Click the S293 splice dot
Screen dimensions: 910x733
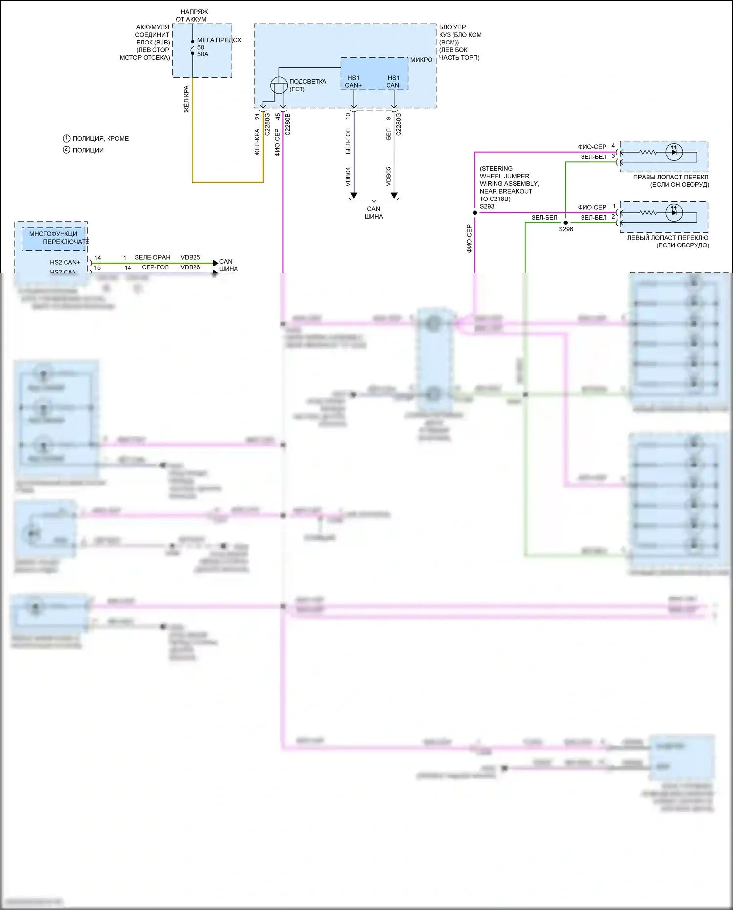click(475, 213)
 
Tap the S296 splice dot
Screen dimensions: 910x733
click(565, 223)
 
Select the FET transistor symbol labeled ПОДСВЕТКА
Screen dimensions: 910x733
click(279, 86)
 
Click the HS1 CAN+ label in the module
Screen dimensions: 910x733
click(353, 82)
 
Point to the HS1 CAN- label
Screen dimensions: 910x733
click(394, 82)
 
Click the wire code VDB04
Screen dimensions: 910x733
click(348, 177)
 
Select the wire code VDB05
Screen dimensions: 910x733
click(388, 177)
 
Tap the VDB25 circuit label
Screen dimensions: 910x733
click(190, 257)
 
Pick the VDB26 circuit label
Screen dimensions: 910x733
click(190, 267)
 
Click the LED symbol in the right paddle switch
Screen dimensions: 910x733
click(674, 152)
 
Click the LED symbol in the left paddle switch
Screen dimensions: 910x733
click(674, 213)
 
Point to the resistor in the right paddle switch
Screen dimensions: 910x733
click(648, 152)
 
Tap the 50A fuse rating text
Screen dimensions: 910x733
click(203, 54)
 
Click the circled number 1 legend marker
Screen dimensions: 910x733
click(66, 138)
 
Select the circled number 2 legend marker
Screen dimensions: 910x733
click(66, 150)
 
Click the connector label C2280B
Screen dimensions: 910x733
click(287, 125)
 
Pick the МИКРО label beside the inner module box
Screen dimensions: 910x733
click(421, 60)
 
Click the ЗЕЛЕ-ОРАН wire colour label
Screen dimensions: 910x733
click(152, 257)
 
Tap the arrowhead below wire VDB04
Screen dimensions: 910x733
click(354, 196)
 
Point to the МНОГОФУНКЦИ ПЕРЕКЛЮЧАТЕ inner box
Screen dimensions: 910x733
click(54, 238)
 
